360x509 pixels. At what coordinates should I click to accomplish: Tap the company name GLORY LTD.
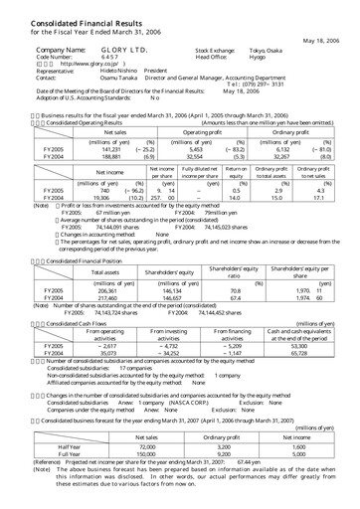click(x=100, y=48)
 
